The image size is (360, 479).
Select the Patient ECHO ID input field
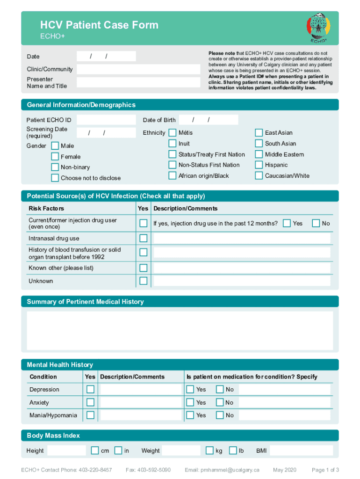pyautogui.click(x=106, y=120)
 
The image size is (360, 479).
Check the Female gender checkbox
pyautogui.click(x=55, y=156)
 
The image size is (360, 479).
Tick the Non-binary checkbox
pyautogui.click(x=55, y=167)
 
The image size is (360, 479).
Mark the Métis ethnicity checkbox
pyautogui.click(x=173, y=133)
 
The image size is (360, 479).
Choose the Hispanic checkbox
pyautogui.click(x=259, y=165)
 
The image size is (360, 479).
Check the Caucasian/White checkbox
pyautogui.click(x=259, y=176)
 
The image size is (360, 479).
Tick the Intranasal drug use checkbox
pyautogui.click(x=144, y=238)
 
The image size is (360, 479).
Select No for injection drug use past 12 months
pyautogui.click(x=316, y=223)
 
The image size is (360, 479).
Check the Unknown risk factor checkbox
pyautogui.click(x=144, y=281)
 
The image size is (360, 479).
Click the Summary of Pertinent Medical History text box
pyautogui.click(x=180, y=330)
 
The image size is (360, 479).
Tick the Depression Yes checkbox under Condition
pyautogui.click(x=90, y=389)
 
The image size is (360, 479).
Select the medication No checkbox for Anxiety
pyautogui.click(x=220, y=402)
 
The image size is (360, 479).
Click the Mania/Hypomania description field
pyautogui.click(x=141, y=415)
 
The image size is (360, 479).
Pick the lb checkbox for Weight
pyautogui.click(x=233, y=450)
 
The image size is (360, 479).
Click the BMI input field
pyautogui.click(x=301, y=450)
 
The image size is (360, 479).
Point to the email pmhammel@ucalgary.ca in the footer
pyautogui.click(x=222, y=470)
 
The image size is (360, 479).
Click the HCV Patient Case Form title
pyautogui.click(x=99, y=25)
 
